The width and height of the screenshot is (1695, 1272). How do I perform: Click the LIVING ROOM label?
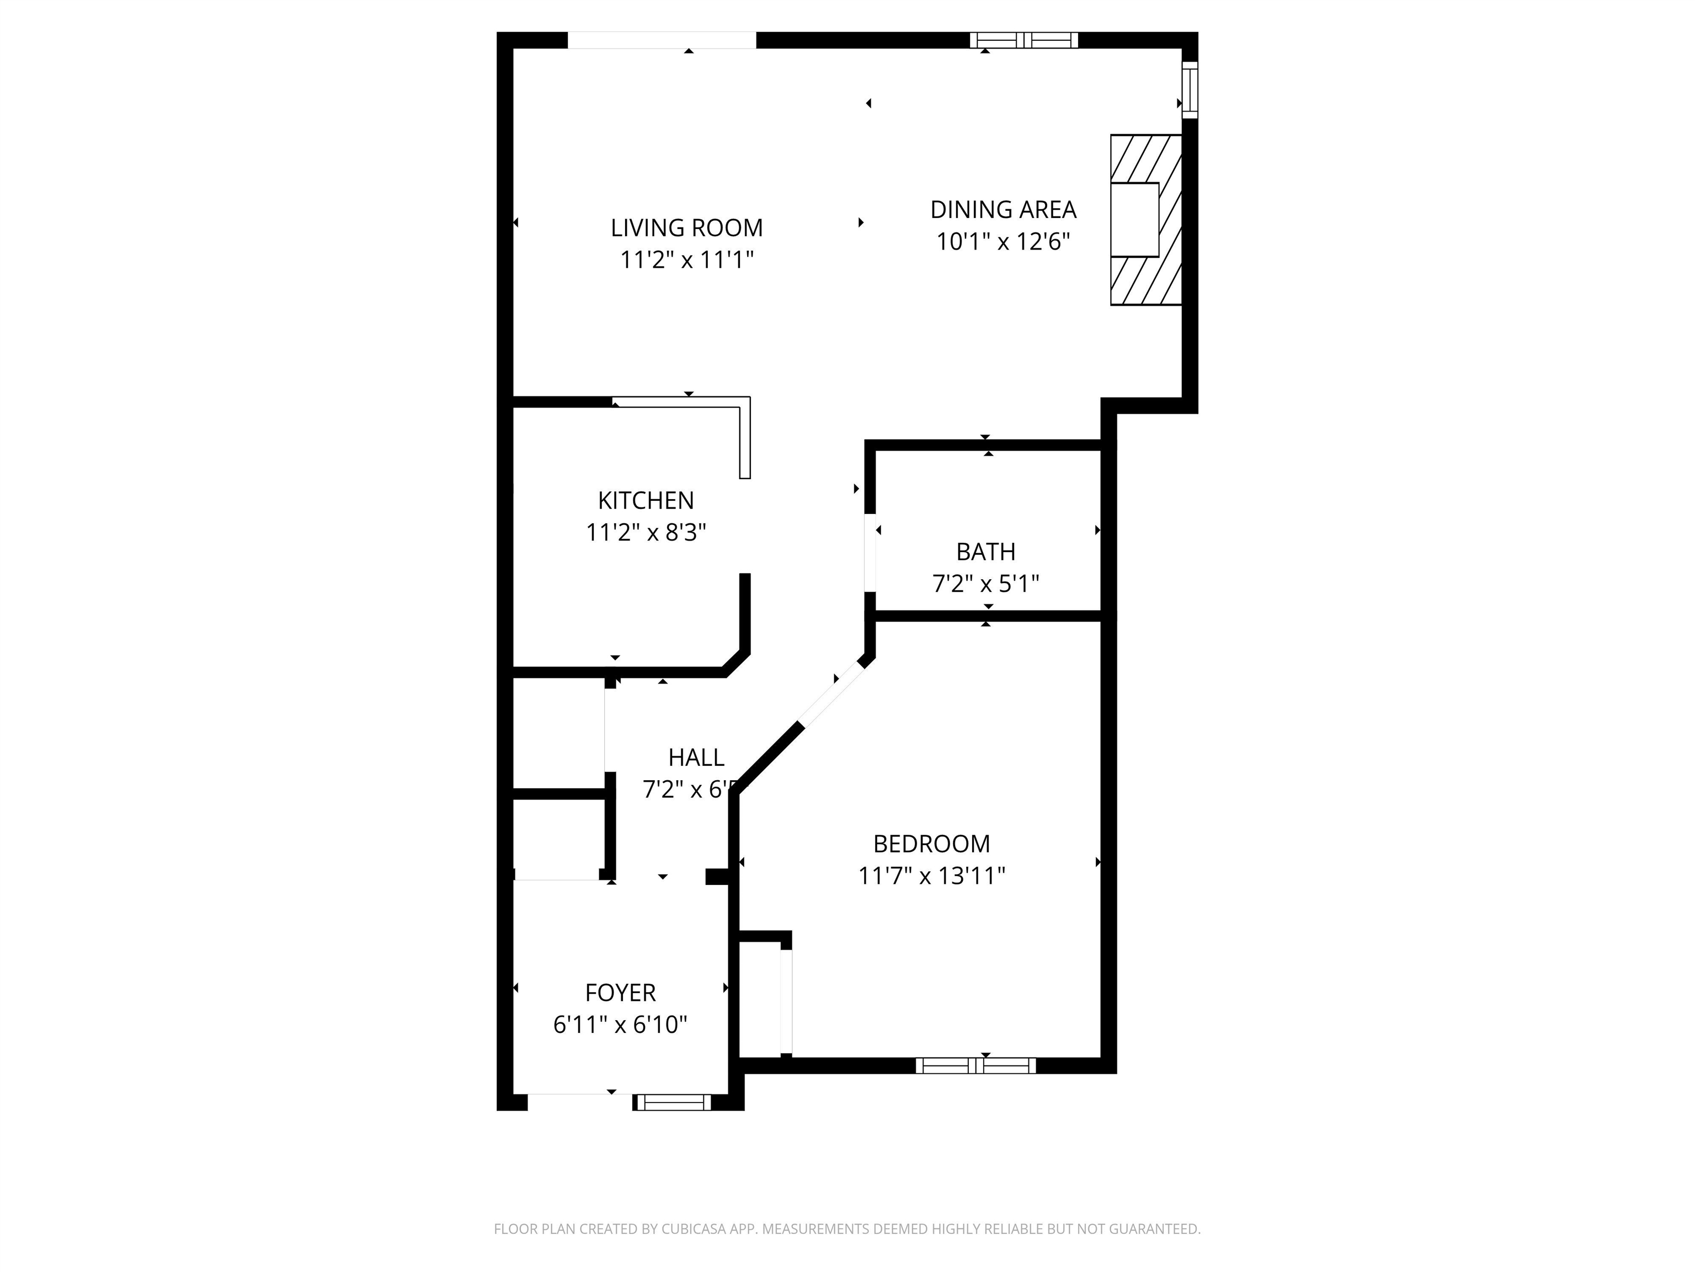686,227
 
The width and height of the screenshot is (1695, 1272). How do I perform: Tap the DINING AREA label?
1003,209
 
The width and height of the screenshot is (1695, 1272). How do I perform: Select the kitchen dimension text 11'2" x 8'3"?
646,532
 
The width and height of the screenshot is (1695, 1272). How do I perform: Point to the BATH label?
985,552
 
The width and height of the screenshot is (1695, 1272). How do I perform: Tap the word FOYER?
620,992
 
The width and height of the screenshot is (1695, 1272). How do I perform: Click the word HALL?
696,757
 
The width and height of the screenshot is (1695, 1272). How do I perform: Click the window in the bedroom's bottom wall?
976,1065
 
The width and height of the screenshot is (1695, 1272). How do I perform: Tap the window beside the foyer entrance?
673,1103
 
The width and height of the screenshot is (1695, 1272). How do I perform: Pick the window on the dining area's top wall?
1024,40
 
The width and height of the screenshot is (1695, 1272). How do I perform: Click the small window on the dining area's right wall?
1189,89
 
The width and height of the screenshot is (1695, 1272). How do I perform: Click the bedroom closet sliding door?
786,1001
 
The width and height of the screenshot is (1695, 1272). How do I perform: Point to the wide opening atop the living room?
662,40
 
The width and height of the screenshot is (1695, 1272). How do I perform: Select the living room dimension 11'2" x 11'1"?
686,260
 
